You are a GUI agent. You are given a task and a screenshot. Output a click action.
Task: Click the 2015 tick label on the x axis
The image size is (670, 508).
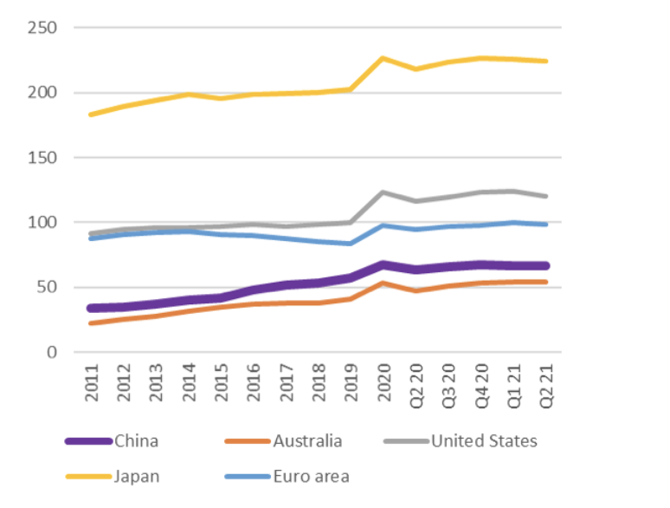(x=222, y=382)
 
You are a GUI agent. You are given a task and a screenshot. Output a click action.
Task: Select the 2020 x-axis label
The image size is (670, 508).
(x=383, y=382)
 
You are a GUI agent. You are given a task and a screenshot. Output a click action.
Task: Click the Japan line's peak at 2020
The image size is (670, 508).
(x=383, y=58)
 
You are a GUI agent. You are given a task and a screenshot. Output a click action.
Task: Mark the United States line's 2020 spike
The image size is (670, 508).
(x=383, y=192)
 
